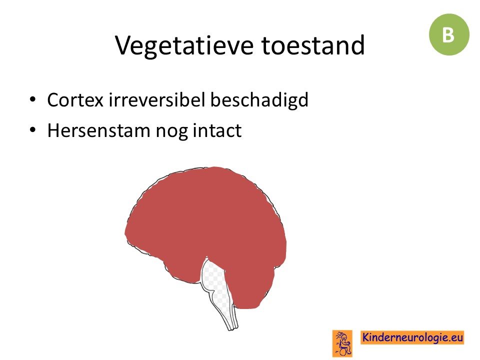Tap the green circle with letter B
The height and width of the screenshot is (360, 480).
pyautogui.click(x=449, y=34)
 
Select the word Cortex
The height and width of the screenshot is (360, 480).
pyautogui.click(x=75, y=100)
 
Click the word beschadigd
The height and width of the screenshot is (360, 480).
pyautogui.click(x=259, y=100)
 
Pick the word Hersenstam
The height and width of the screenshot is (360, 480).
pyautogui.click(x=98, y=130)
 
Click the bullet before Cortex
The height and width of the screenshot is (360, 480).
pyautogui.click(x=33, y=99)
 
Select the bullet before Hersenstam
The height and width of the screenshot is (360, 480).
pyautogui.click(x=33, y=130)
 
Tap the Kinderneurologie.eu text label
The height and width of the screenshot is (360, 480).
pyautogui.click(x=412, y=337)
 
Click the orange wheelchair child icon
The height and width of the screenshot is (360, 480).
pyautogui.click(x=342, y=343)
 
